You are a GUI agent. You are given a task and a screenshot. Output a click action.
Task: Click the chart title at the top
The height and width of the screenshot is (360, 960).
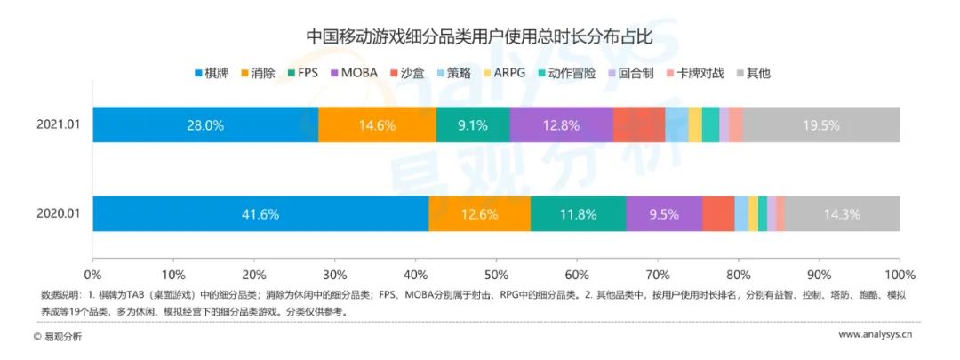(x=479, y=36)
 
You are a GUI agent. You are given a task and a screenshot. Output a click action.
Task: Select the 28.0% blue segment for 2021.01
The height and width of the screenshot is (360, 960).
(x=205, y=125)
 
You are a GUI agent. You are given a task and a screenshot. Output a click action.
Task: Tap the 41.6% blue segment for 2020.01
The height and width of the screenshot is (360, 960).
(x=260, y=213)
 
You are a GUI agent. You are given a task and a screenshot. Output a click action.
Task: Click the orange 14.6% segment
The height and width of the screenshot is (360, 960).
(x=377, y=125)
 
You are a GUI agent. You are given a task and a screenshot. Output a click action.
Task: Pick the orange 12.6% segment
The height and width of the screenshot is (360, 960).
(x=479, y=213)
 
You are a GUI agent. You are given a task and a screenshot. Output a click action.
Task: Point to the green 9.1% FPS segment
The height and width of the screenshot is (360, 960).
(x=473, y=125)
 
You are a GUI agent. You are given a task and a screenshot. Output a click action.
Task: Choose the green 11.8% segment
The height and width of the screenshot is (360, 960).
(x=578, y=213)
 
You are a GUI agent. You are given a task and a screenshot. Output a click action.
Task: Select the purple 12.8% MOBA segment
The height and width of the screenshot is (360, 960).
(x=561, y=125)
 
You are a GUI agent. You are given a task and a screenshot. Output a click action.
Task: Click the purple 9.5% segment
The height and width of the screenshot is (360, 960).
(x=664, y=213)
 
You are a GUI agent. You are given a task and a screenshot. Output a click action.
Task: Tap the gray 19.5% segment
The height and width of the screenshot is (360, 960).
(x=820, y=125)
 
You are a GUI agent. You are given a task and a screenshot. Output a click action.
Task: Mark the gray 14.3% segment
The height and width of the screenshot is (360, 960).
(x=842, y=213)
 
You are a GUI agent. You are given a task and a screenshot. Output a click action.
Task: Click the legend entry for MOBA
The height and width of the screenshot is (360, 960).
(x=353, y=73)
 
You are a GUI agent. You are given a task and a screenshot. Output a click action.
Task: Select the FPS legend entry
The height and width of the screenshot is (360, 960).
(x=303, y=73)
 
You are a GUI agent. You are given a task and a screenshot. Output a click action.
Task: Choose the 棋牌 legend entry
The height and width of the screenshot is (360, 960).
(x=212, y=73)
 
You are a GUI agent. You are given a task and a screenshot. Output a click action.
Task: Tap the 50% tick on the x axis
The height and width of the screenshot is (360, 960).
(x=496, y=273)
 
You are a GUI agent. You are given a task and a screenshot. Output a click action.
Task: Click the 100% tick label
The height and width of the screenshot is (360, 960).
(x=899, y=273)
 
